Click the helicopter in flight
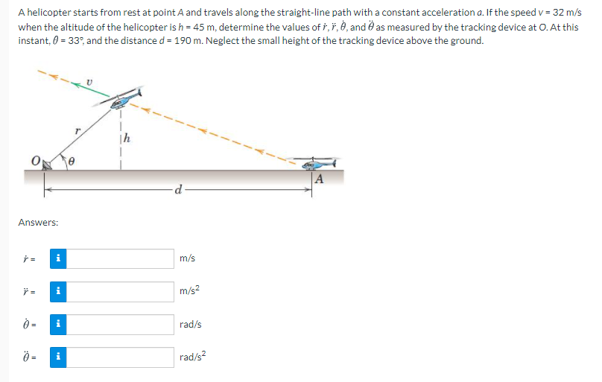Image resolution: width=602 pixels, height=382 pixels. click(119, 98)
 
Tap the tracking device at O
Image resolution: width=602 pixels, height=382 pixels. click(46, 165)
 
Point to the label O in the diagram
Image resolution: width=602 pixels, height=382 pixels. click(35, 161)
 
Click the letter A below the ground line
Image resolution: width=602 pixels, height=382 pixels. click(319, 179)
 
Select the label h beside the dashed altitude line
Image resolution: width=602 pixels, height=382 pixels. click(127, 138)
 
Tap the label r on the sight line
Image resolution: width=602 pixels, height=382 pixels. click(78, 131)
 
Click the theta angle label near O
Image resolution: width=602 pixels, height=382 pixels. click(71, 162)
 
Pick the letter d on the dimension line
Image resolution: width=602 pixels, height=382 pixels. click(178, 189)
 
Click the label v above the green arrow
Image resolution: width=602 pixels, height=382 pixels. click(89, 82)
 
